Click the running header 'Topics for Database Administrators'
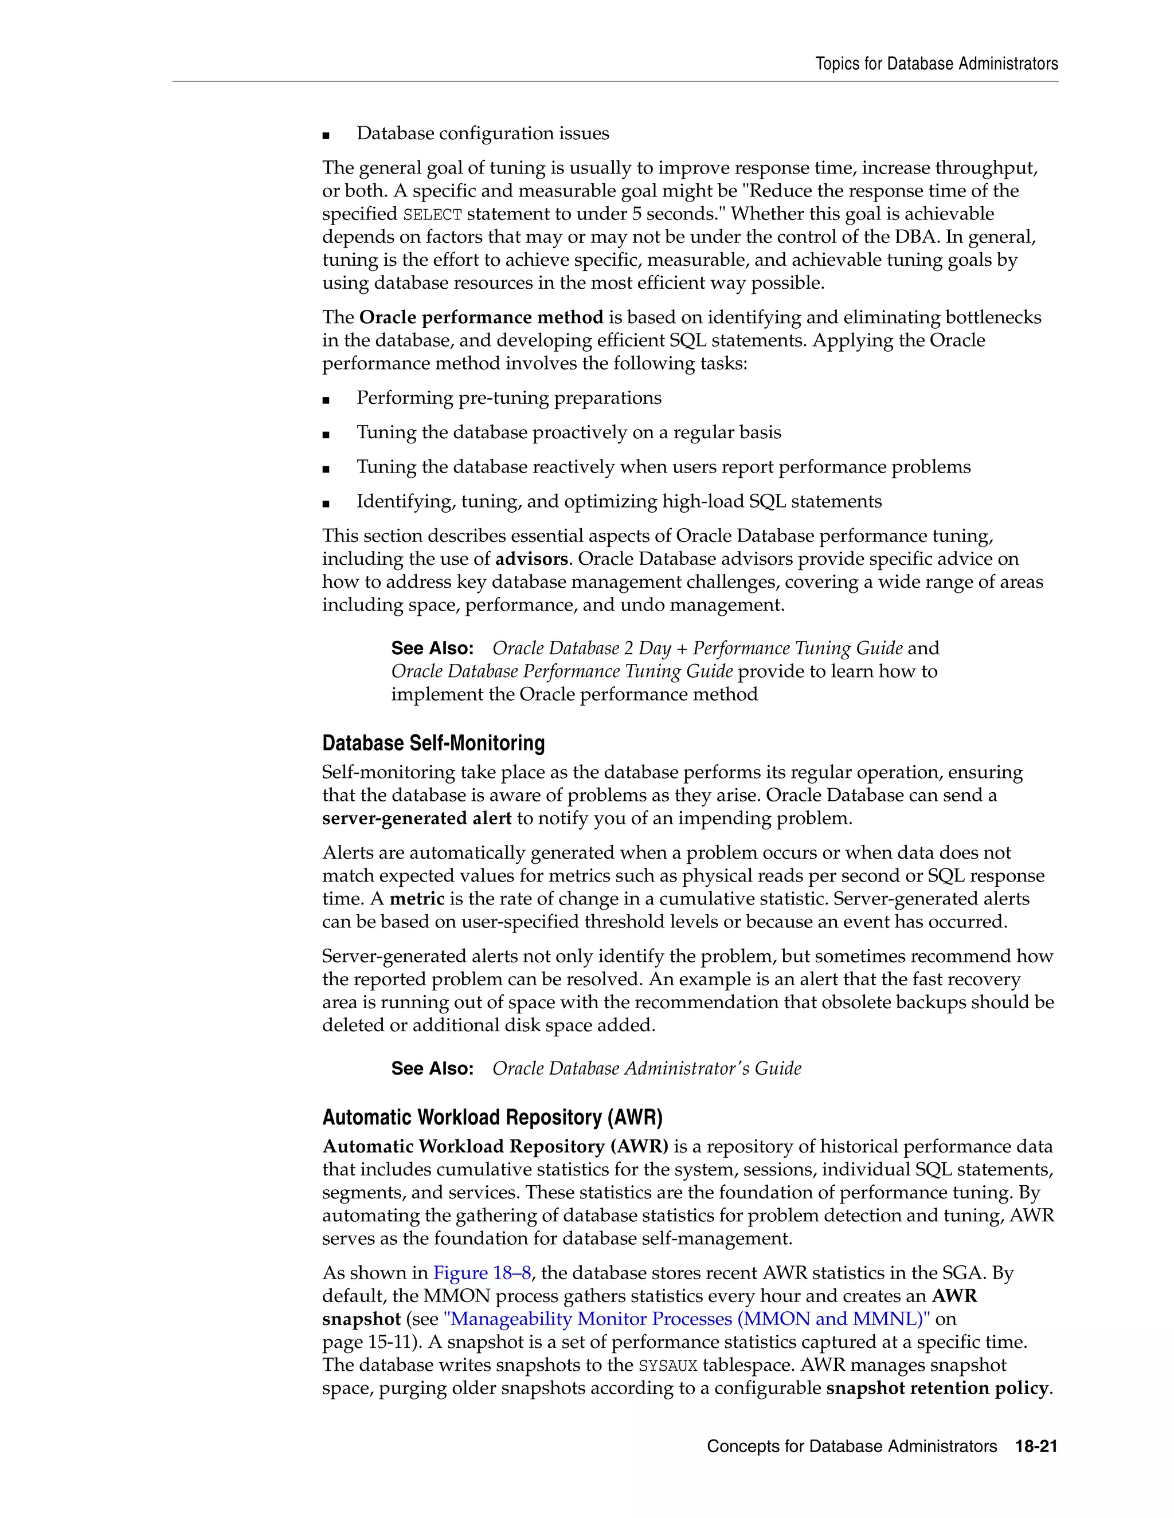click(x=936, y=64)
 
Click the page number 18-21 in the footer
click(x=1036, y=1446)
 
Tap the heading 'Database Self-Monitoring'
click(x=433, y=743)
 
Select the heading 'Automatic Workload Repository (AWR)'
click(x=492, y=1117)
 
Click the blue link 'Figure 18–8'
click(x=482, y=1273)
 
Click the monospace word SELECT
click(x=432, y=214)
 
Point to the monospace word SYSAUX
click(x=668, y=1365)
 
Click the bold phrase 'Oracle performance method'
click(x=480, y=318)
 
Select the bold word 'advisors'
click(x=531, y=559)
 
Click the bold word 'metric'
click(x=417, y=899)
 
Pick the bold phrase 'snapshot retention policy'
click(x=937, y=1388)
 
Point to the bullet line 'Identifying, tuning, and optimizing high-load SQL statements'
click(x=619, y=501)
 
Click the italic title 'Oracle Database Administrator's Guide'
click(x=646, y=1068)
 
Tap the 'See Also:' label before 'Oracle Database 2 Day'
click(x=432, y=648)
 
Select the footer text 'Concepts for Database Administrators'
click(x=851, y=1446)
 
